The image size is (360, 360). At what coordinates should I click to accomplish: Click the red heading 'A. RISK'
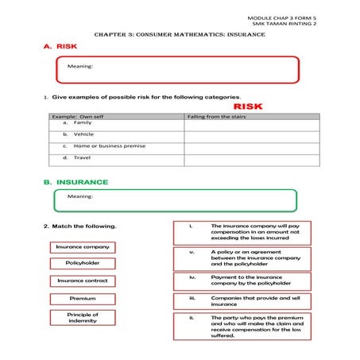coord(60,48)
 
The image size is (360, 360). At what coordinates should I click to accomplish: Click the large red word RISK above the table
coord(247,106)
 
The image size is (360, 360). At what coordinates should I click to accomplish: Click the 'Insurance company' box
coord(83,247)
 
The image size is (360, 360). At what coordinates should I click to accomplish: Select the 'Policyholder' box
coord(83,263)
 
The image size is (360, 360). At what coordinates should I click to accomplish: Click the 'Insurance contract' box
coord(83,281)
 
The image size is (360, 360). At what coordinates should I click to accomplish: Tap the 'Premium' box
coord(83,299)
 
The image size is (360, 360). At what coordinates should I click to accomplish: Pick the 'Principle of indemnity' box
coord(83,318)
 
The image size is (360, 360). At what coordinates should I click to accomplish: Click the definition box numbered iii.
coord(242,300)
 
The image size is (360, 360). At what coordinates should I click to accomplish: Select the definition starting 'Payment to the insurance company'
coord(242,280)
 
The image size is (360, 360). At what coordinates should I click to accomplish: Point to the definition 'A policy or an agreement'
coord(242,257)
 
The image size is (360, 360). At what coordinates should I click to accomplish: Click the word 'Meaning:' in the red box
coord(80,66)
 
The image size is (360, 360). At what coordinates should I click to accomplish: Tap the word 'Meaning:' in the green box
coord(80,196)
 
